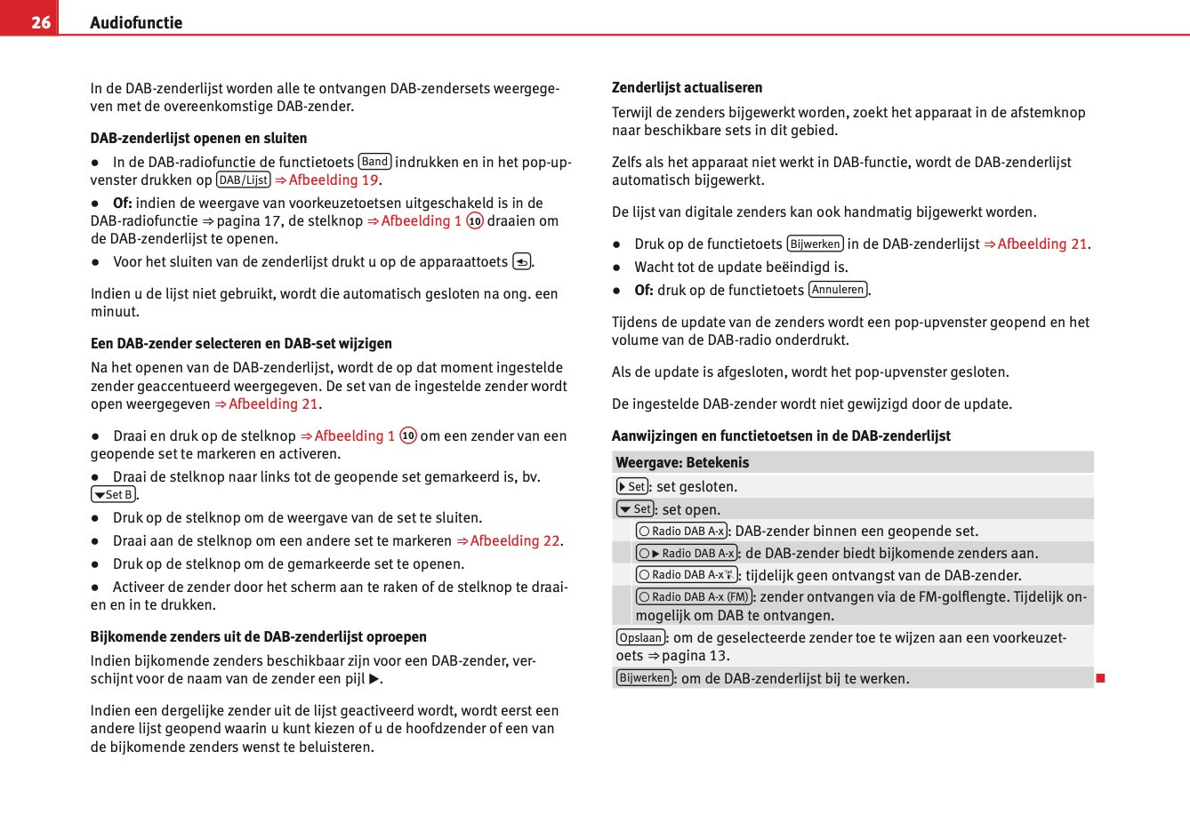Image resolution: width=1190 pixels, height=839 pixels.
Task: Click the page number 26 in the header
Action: pos(41,22)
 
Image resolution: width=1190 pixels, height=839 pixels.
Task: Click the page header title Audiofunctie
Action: pos(136,23)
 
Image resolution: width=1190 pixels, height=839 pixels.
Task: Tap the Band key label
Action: pos(374,162)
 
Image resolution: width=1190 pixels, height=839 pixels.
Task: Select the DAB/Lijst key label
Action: pos(244,180)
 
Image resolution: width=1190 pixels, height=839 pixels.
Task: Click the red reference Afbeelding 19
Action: pos(326,180)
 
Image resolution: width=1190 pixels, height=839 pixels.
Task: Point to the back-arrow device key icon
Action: pos(522,261)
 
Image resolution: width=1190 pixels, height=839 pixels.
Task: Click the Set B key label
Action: pos(114,495)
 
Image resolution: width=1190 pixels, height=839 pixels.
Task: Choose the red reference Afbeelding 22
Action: pos(508,540)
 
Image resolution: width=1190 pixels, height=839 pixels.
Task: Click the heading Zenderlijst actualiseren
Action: pos(687,87)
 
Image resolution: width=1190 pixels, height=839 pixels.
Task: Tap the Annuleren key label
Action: pos(838,290)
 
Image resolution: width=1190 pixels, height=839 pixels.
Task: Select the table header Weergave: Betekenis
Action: pos(682,462)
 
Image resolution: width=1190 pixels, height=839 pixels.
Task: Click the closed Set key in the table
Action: pos(632,486)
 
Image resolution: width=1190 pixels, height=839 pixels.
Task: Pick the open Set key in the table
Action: pos(635,509)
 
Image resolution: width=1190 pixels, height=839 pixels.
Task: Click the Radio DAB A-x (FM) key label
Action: pos(694,596)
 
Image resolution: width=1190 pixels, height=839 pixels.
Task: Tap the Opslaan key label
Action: pos(640,637)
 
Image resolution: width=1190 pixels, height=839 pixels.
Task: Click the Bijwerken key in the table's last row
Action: pos(644,678)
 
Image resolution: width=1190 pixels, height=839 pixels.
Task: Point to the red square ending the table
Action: pos(1100,678)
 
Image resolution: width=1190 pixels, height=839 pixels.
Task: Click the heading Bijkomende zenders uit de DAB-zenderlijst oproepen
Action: pos(258,636)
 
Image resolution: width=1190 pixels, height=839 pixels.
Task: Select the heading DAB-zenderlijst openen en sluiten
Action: pos(198,138)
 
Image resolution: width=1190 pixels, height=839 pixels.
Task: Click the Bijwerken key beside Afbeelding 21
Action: pos(815,244)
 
